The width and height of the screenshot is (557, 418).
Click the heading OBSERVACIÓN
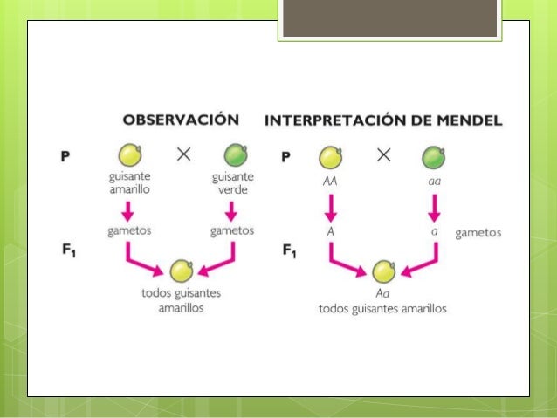tap(180, 120)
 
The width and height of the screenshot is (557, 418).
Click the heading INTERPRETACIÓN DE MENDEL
tap(383, 120)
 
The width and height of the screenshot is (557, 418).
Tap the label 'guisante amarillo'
tap(129, 184)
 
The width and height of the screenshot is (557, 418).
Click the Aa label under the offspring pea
tap(382, 293)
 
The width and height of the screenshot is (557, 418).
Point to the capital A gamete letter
tap(331, 232)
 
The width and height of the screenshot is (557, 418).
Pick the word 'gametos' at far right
tap(478, 233)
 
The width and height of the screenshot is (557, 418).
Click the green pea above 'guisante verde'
tap(235, 156)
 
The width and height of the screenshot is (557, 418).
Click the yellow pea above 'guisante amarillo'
tap(130, 156)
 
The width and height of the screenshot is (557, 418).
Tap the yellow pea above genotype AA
tap(330, 158)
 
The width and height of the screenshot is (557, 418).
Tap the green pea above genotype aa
tap(433, 158)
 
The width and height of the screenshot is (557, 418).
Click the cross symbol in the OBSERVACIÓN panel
tap(183, 155)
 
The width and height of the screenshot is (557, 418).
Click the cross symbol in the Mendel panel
tap(383, 155)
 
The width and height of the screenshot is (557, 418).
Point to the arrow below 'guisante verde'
tap(231, 211)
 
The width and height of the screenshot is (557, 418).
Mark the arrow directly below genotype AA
tap(330, 209)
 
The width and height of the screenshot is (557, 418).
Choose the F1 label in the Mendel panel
tap(290, 251)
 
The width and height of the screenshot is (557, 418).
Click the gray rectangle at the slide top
tap(389, 18)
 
